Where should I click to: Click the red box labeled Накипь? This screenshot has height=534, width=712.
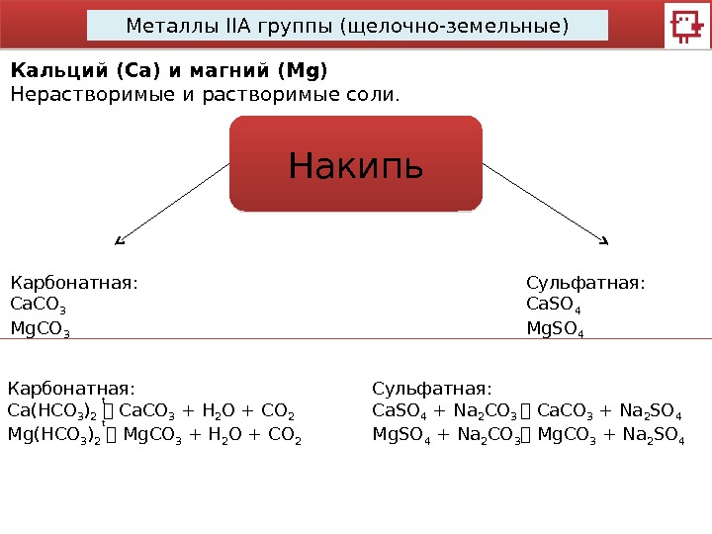(x=356, y=164)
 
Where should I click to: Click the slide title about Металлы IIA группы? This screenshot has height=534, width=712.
(x=347, y=25)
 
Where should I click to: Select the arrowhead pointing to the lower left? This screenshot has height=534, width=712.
(x=120, y=239)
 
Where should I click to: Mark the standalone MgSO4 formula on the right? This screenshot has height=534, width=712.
(x=555, y=328)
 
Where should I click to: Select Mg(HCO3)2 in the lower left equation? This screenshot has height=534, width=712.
(x=55, y=435)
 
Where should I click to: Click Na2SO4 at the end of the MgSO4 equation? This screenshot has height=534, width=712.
(x=657, y=435)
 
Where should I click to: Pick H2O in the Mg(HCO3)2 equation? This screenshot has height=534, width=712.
(x=217, y=435)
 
